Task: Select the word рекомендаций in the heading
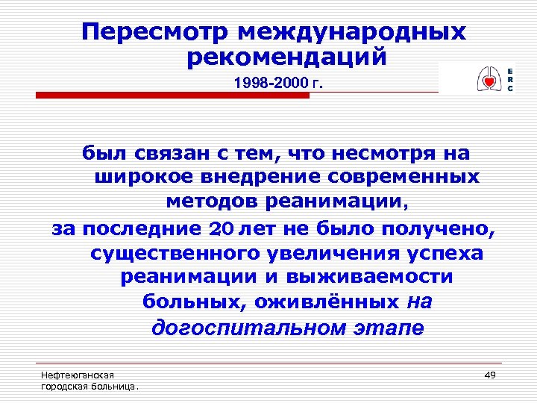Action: [287, 57]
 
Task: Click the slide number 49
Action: [490, 374]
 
